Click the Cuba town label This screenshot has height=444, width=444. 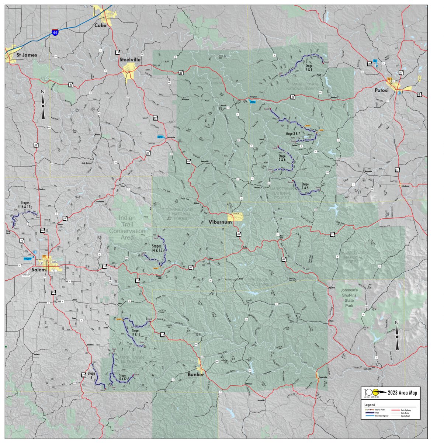[x=100, y=25]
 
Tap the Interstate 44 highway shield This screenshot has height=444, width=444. [x=55, y=33]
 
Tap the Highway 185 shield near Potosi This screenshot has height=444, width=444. [x=369, y=64]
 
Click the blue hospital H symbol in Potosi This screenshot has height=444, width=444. [x=399, y=93]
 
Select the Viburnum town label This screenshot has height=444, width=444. [x=221, y=222]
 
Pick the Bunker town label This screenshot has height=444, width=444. [x=195, y=375]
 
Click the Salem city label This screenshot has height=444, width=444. [x=38, y=270]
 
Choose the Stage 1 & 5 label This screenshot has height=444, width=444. [x=305, y=186]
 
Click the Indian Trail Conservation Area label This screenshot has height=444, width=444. [x=127, y=228]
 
